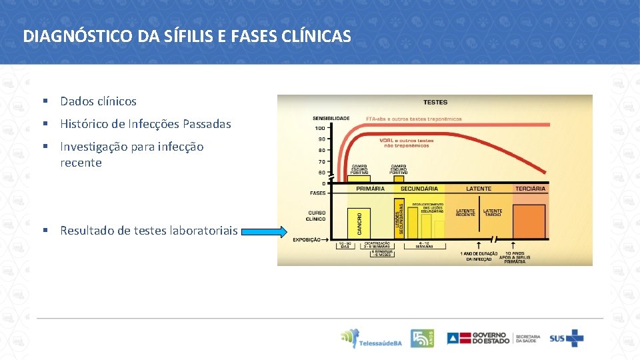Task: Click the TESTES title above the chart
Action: click(435, 102)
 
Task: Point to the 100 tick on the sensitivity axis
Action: click(320, 128)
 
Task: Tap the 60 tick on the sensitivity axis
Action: click(321, 173)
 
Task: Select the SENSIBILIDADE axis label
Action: click(331, 118)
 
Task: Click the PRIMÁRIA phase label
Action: click(370, 189)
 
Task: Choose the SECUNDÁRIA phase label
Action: click(419, 189)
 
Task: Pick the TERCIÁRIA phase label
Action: click(530, 189)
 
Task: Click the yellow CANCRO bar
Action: click(359, 223)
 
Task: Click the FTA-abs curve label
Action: click(413, 119)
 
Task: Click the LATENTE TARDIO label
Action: click(493, 213)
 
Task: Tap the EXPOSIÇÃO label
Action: click(307, 239)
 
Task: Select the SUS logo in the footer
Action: click(566, 338)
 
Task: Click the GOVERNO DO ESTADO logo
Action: click(479, 338)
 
